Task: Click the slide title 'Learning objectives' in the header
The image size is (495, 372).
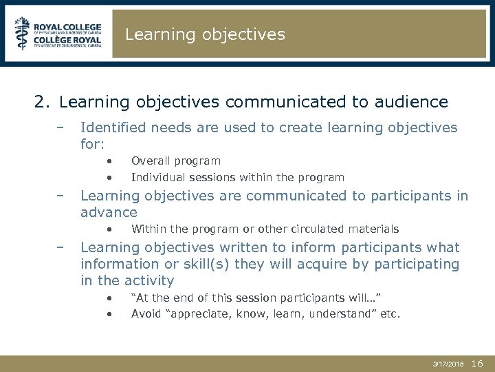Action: coord(205,34)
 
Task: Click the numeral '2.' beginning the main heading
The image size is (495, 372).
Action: coord(42,103)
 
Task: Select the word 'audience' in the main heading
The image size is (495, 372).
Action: coord(414,103)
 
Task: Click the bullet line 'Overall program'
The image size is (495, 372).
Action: coord(175,161)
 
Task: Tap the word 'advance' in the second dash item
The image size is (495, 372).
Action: coord(109,212)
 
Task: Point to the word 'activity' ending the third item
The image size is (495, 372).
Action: coord(149,280)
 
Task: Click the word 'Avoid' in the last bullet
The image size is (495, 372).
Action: coord(146,313)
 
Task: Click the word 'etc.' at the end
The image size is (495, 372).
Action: coord(390,313)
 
